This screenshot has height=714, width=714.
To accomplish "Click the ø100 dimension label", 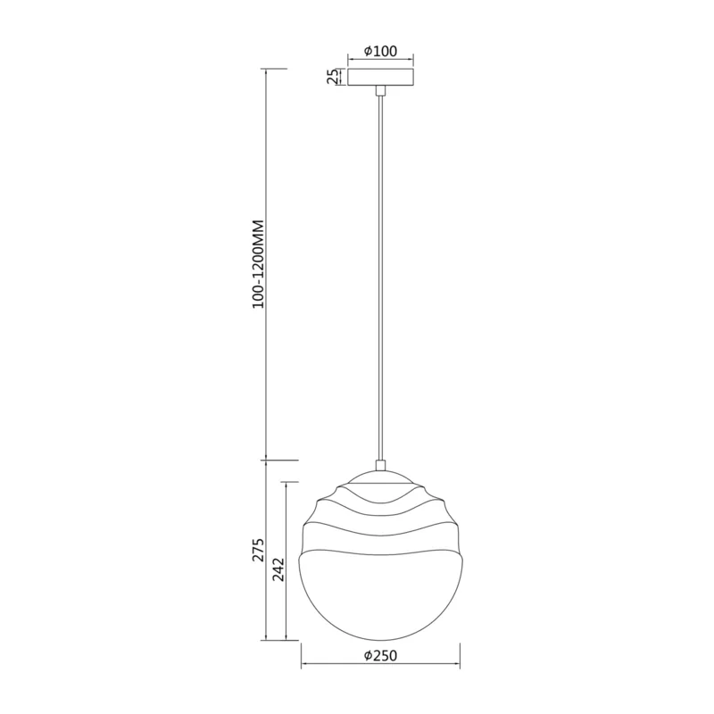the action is [381, 51].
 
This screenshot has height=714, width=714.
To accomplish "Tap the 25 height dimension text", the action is [334, 77].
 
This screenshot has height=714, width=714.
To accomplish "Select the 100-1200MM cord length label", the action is [258, 264].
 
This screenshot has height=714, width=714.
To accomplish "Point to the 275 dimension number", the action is [258, 550].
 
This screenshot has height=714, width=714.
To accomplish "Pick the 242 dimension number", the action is [278, 569].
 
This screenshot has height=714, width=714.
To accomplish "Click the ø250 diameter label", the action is [381, 655].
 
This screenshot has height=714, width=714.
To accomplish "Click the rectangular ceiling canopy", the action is [381, 77].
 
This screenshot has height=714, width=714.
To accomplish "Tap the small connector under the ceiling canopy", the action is [380, 91].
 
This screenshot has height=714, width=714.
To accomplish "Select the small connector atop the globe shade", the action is [380, 465].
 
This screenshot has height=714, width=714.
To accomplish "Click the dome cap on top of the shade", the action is [381, 477].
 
